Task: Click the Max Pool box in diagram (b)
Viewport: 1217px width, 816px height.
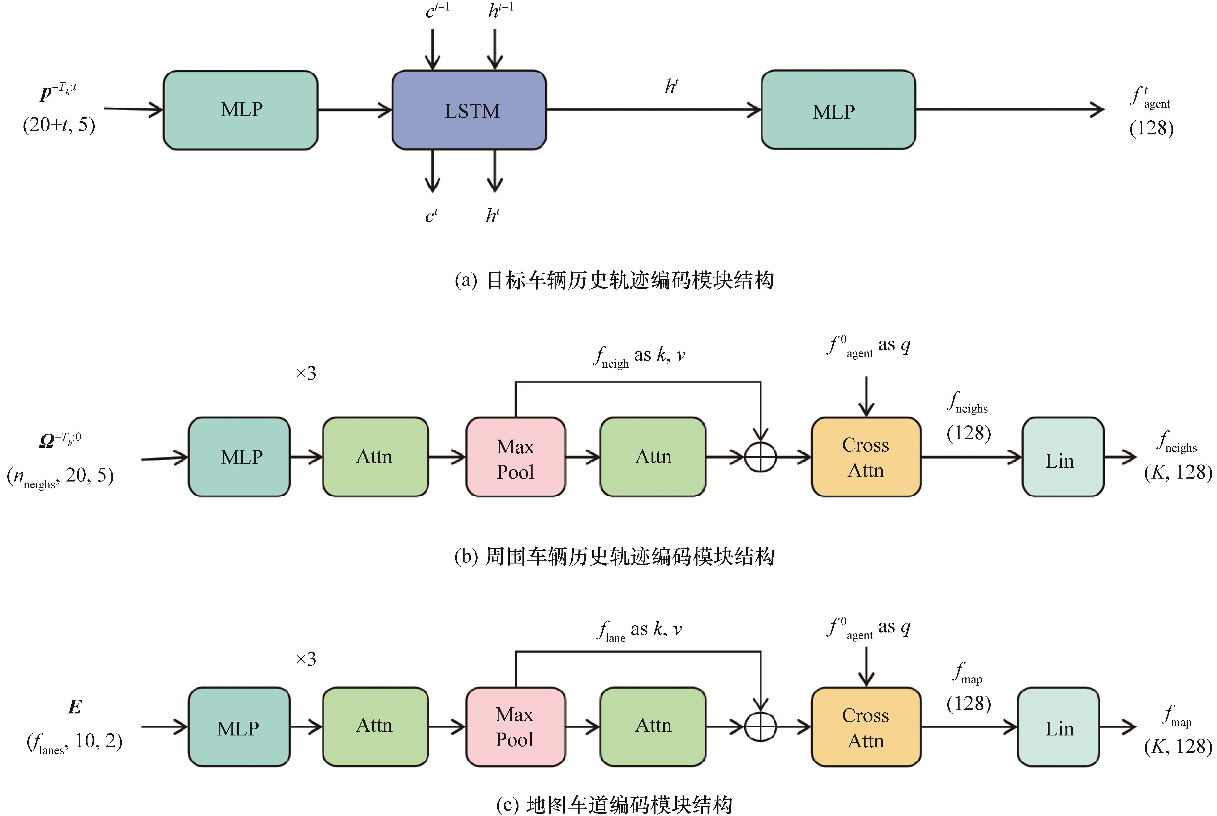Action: [515, 457]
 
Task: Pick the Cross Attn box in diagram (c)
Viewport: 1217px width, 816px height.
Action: [866, 727]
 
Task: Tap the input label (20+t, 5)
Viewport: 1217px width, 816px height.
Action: [59, 125]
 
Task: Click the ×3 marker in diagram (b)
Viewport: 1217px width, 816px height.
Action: [306, 373]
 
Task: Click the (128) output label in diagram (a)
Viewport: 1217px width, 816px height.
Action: [1151, 128]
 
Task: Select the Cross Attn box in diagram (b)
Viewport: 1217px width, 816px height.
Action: [866, 457]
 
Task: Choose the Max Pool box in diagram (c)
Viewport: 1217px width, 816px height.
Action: [515, 727]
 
